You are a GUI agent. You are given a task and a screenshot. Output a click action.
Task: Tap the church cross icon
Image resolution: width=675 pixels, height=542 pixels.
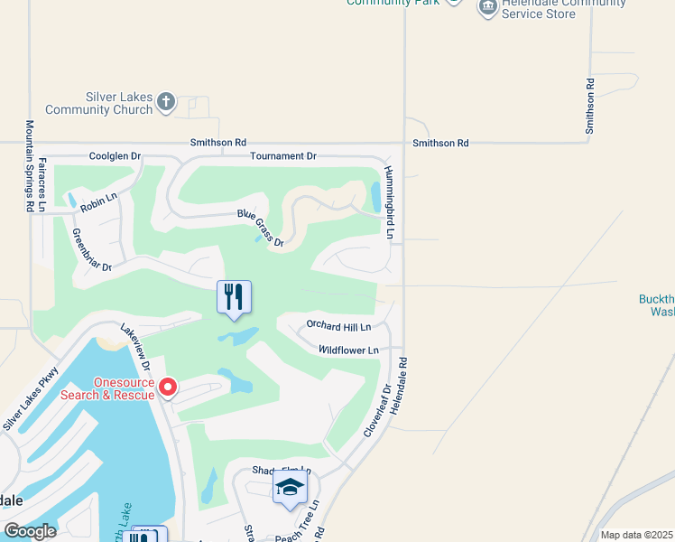(x=166, y=101)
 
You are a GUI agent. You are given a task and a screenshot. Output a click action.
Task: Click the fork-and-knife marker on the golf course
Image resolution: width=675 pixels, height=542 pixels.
(x=234, y=297)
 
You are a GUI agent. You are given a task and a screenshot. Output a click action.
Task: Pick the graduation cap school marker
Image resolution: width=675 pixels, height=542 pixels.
(x=290, y=489)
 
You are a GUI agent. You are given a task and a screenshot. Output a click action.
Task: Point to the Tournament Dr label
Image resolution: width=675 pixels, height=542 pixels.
(x=283, y=156)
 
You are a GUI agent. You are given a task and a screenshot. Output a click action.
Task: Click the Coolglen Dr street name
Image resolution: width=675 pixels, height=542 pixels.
(x=116, y=156)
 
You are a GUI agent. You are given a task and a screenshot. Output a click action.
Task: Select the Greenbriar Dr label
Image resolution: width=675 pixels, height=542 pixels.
(x=92, y=249)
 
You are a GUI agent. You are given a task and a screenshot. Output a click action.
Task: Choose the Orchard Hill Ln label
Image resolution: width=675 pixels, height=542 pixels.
(x=338, y=325)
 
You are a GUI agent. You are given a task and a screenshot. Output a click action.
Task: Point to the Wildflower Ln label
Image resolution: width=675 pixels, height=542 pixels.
(x=347, y=350)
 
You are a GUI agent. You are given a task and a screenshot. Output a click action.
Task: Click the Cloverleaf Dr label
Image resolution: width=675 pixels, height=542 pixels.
(x=378, y=411)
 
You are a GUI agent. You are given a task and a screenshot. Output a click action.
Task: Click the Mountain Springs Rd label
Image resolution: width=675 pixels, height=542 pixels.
(x=30, y=166)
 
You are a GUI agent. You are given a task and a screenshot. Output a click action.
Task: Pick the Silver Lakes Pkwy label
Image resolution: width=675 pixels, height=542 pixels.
(x=30, y=398)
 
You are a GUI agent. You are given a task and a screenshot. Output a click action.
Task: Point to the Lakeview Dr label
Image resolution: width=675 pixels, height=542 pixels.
(x=133, y=343)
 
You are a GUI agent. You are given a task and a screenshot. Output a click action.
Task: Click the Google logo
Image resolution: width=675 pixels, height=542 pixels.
(x=30, y=531)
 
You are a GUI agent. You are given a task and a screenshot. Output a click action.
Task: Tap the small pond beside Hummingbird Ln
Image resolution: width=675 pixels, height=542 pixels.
(x=375, y=196)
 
